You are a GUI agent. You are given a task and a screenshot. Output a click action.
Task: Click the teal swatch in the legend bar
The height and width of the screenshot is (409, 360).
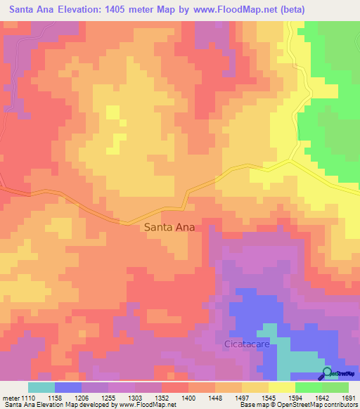41,387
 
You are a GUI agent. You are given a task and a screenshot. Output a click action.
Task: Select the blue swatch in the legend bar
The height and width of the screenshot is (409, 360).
68,387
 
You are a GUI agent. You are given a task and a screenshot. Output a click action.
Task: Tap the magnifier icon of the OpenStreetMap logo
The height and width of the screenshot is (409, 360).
326,372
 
